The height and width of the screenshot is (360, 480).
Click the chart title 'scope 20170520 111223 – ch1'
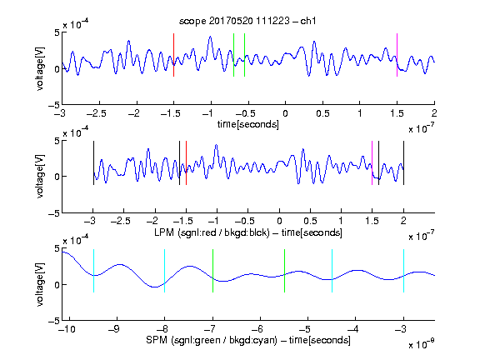pyautogui.click(x=247, y=21)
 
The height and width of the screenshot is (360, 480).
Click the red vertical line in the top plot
pyautogui.click(x=173, y=55)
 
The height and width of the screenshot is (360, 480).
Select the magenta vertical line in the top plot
pyautogui.click(x=397, y=55)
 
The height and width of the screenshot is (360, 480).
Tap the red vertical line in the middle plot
pyautogui.click(x=186, y=162)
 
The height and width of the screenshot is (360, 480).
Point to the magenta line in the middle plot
pyautogui.click(x=372, y=162)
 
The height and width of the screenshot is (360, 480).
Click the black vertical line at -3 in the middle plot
pyautogui.click(x=93, y=162)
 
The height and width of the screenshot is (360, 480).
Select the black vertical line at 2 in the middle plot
pyautogui.click(x=403, y=162)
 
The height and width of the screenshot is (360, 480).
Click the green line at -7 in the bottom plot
pyautogui.click(x=212, y=271)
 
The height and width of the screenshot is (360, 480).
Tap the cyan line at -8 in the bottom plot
pyautogui.click(x=165, y=271)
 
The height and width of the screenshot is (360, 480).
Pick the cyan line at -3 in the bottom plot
pyautogui.click(x=403, y=271)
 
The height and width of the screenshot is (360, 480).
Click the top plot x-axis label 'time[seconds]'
pyautogui.click(x=248, y=124)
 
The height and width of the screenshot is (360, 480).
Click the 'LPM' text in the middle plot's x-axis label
pyautogui.click(x=164, y=232)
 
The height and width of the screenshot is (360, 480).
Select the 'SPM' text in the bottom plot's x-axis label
pyautogui.click(x=157, y=340)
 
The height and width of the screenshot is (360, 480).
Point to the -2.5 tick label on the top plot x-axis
pyautogui.click(x=97, y=113)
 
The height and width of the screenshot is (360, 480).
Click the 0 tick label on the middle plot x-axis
pyautogui.click(x=279, y=221)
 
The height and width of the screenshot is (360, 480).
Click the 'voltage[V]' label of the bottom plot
pyautogui.click(x=40, y=284)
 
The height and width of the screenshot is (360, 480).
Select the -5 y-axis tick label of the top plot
pyautogui.click(x=54, y=105)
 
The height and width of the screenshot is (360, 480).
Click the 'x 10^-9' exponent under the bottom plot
pyautogui.click(x=422, y=344)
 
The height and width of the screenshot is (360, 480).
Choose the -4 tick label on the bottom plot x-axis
pyautogui.click(x=353, y=329)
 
